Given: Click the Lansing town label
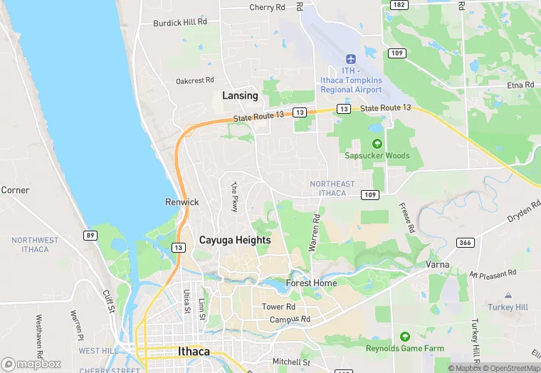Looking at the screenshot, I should [x=240, y=95].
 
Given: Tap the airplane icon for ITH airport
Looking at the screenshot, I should [x=350, y=59].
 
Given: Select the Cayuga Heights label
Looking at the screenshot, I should [x=235, y=240].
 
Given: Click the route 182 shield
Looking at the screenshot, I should [x=399, y=5].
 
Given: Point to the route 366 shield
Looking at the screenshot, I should [x=466, y=243].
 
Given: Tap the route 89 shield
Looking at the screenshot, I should [x=90, y=236].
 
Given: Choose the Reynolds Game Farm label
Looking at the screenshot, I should [x=405, y=348].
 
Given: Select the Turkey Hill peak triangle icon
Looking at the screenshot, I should [x=508, y=295].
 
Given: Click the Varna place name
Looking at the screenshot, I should [x=438, y=264].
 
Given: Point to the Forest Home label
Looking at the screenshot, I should [x=311, y=283].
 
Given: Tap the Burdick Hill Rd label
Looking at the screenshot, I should [x=180, y=23].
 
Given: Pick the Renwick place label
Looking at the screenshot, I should [x=182, y=202].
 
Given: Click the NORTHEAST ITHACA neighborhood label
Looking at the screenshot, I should [x=332, y=189].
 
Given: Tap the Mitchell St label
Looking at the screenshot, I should [x=291, y=362].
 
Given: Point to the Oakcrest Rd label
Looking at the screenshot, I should [x=194, y=81].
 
